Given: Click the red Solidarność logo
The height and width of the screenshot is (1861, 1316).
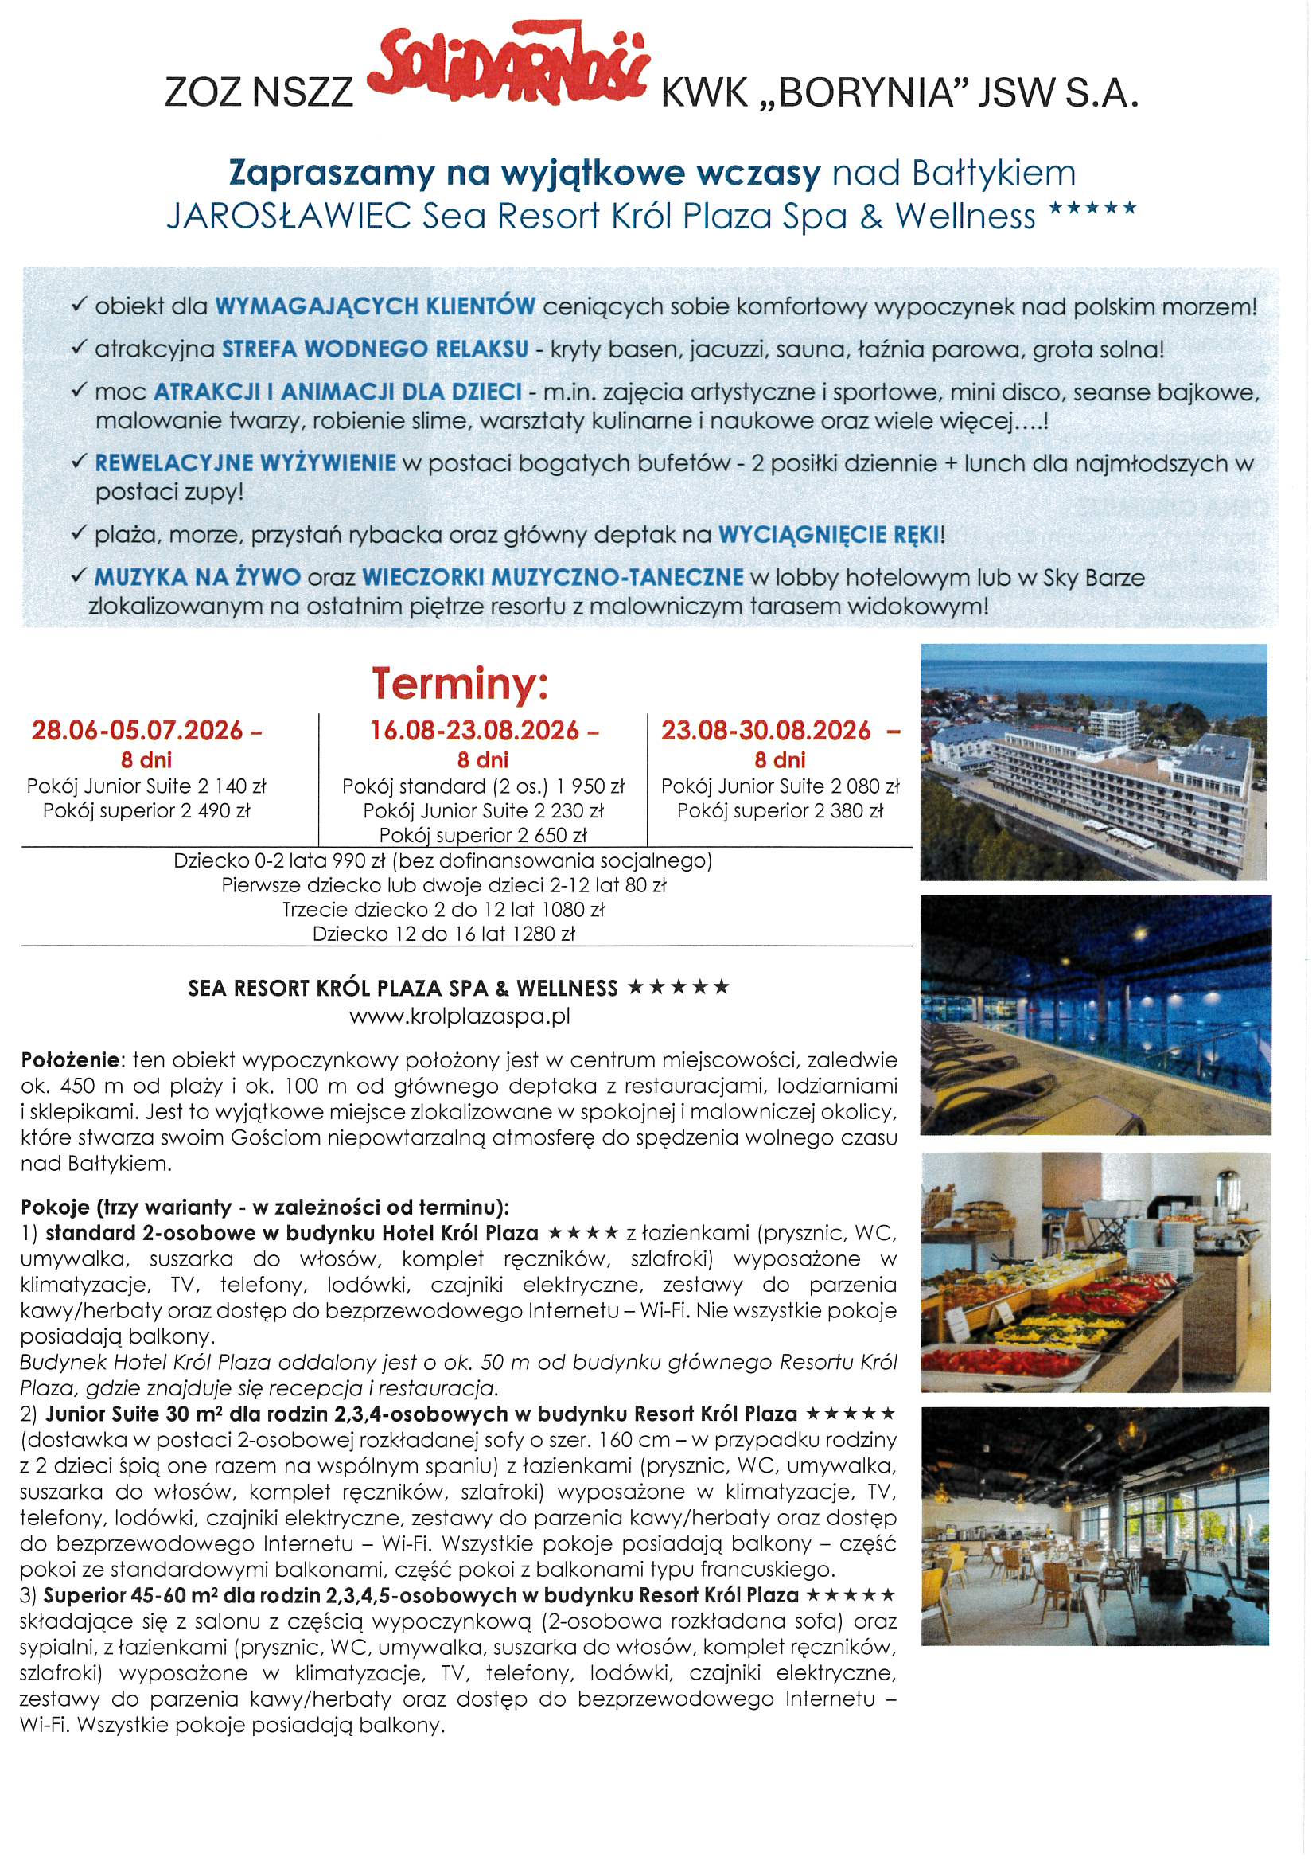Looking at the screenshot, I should (x=508, y=78).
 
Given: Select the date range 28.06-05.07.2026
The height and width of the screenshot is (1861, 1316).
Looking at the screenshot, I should (x=137, y=731).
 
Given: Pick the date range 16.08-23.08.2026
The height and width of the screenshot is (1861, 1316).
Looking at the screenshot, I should (x=475, y=731).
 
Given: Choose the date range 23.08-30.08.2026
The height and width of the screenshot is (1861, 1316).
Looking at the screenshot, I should (x=766, y=731).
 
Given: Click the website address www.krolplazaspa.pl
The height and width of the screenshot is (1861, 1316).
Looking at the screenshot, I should (x=459, y=1016).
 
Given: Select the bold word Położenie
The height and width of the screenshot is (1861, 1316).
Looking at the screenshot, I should (x=70, y=1060).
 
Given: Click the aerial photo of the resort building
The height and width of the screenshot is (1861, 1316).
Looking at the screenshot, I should (x=1094, y=762).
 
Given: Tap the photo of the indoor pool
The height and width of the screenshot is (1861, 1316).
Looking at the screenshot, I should (x=1096, y=1015).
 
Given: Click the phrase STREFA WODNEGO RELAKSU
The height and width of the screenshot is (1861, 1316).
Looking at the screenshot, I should (x=376, y=349).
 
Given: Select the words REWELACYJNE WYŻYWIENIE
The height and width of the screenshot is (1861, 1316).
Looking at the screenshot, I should (x=246, y=463).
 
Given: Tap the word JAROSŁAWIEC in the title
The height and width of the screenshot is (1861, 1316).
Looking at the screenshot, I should (x=290, y=217).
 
